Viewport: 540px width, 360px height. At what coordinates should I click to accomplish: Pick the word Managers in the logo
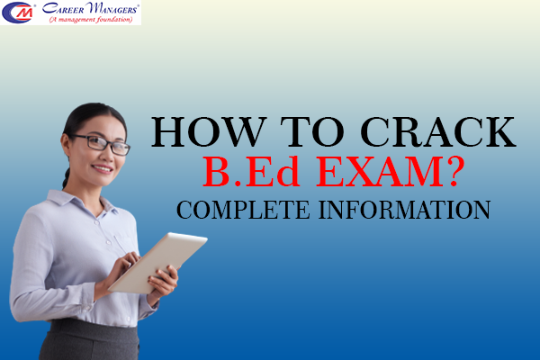110,10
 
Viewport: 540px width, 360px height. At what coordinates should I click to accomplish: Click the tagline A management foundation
90,20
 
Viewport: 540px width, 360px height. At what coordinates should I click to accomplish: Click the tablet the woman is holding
158,260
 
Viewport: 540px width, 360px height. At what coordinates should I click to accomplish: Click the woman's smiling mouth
103,168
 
